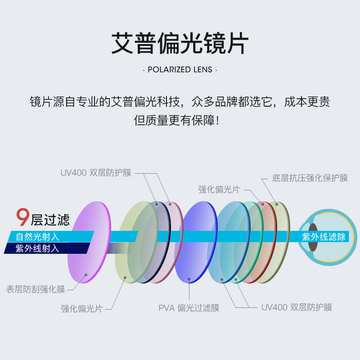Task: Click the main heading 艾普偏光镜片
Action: (x=180, y=43)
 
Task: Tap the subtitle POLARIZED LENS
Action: (x=180, y=70)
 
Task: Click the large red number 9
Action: (x=22, y=217)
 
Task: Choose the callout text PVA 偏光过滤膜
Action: (x=189, y=308)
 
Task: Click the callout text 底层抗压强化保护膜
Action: (x=310, y=178)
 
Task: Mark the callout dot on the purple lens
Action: (x=85, y=274)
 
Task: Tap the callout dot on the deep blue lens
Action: (x=189, y=279)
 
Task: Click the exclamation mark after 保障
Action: (x=218, y=121)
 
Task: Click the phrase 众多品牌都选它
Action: (x=234, y=101)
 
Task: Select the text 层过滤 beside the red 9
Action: (x=50, y=220)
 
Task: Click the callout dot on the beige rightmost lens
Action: (x=275, y=204)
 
